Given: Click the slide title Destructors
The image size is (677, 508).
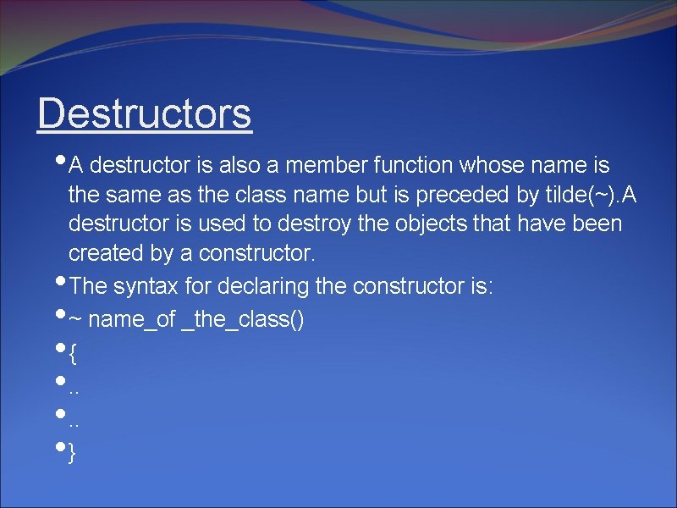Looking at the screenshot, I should [145, 113].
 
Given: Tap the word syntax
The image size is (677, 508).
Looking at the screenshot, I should [146, 286].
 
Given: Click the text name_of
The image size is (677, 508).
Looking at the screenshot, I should [132, 319].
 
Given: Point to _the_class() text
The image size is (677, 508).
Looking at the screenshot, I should [243, 319].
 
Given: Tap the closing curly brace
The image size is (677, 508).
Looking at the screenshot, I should [73, 454].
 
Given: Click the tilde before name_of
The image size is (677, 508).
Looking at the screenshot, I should [74, 319].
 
